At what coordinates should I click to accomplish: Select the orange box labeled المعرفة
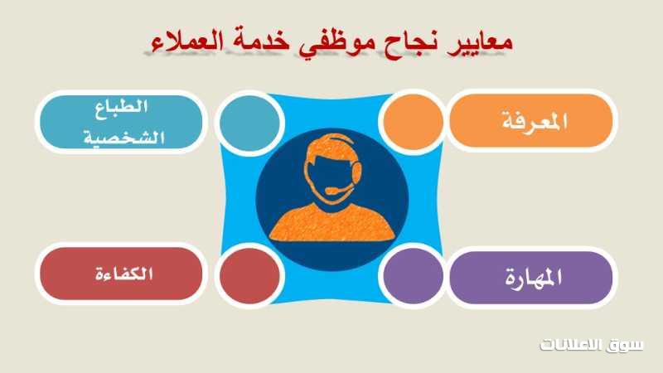click(x=531, y=121)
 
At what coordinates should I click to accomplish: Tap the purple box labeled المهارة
click(x=531, y=278)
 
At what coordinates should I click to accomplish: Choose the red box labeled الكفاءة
click(x=121, y=274)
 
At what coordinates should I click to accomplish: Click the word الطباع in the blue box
click(x=121, y=108)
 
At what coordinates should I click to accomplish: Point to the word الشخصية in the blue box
click(x=123, y=138)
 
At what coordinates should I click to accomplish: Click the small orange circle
click(x=413, y=122)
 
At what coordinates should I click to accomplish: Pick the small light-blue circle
click(x=249, y=123)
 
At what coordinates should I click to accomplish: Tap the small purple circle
click(x=413, y=276)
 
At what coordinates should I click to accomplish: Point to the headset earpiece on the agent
click(x=357, y=171)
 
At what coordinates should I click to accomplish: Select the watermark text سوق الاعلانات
click(x=592, y=345)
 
